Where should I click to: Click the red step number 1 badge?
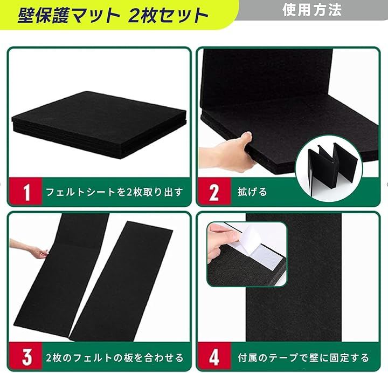[x=25, y=191]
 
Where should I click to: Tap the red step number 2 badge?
[x=214, y=191]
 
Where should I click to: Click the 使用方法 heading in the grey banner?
[x=312, y=10]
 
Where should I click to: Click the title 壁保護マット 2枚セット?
[x=113, y=16]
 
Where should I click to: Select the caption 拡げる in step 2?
[x=252, y=192]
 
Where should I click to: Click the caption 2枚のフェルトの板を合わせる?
[x=115, y=358]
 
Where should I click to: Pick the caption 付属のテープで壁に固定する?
[x=303, y=357]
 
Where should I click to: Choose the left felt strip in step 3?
[x=62, y=277]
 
